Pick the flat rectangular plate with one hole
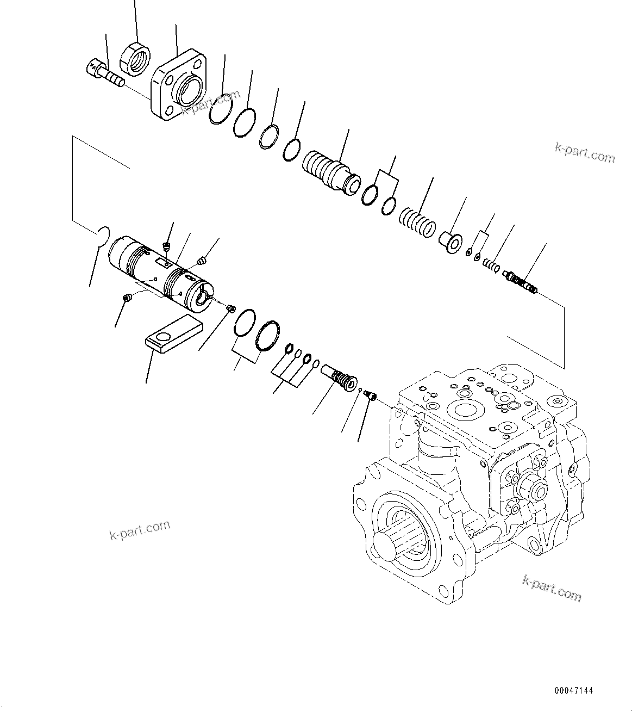click(173, 335)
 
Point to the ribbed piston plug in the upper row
click(331, 170)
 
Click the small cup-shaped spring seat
click(450, 242)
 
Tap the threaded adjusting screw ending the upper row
click(521, 281)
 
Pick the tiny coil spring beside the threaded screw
click(491, 265)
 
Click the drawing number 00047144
click(573, 691)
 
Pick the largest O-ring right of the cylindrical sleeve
click(268, 336)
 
